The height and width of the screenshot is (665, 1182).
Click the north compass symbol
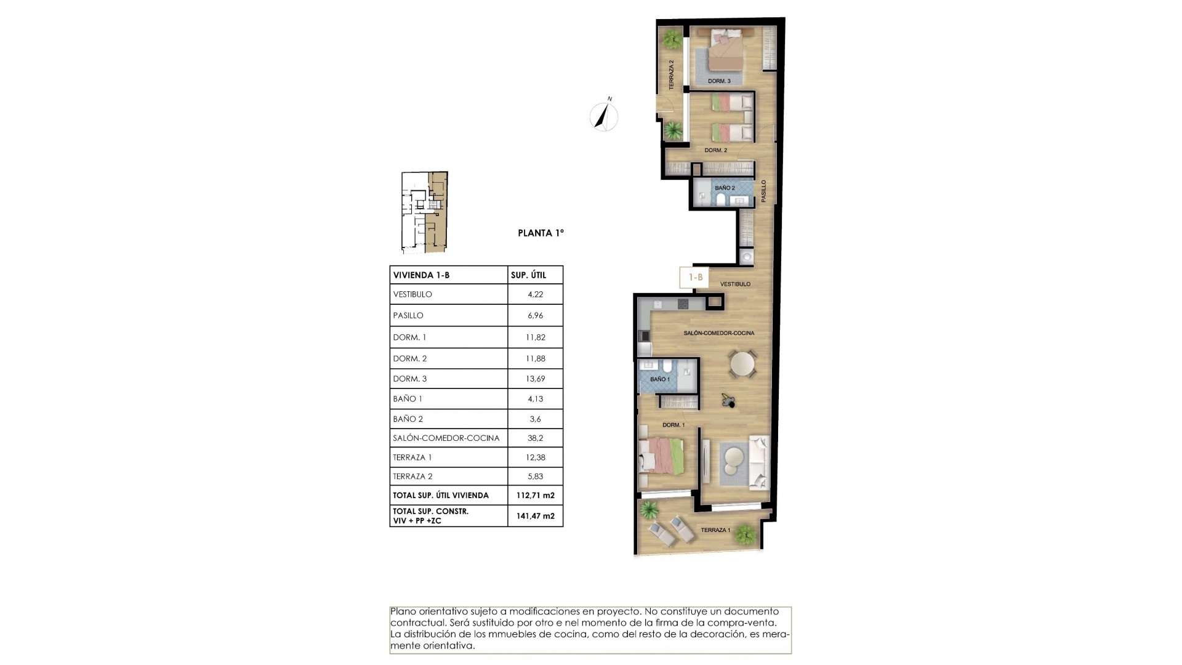tap(604, 116)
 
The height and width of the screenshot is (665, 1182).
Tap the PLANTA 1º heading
tap(541, 233)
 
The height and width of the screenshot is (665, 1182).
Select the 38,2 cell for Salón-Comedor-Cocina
tap(535, 438)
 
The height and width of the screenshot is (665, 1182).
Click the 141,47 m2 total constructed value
tap(535, 516)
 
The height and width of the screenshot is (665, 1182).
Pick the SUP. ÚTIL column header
tap(528, 275)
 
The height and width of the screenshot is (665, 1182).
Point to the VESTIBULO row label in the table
tap(412, 294)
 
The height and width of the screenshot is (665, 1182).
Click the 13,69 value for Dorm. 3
tap(535, 379)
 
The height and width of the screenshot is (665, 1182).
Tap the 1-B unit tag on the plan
tap(695, 277)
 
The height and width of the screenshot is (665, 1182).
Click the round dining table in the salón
tap(742, 364)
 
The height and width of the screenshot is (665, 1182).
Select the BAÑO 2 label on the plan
tap(725, 188)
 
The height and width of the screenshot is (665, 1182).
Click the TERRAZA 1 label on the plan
tap(715, 530)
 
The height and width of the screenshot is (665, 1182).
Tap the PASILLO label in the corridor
tap(763, 191)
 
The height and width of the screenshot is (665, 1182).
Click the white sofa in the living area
tap(758, 462)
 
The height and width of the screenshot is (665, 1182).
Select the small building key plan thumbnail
tap(425, 212)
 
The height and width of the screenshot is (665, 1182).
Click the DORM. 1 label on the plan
tap(673, 425)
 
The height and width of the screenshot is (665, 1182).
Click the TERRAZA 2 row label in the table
tap(412, 477)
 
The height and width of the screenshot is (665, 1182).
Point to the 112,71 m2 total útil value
tap(535, 495)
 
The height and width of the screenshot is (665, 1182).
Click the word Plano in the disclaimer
tap(403, 611)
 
